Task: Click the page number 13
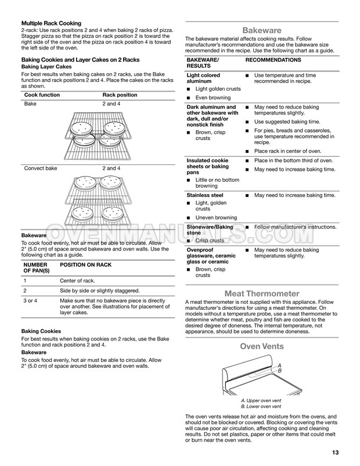pos(336,453)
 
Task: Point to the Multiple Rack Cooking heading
pos(52,23)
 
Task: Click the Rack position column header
pos(120,94)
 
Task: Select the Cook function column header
pos(42,94)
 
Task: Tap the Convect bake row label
pos(41,168)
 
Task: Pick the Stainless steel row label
pos(204,195)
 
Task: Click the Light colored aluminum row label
pos(203,79)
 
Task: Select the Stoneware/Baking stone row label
pos(209,230)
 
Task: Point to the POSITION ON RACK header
pos(86,265)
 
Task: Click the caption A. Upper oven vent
pos(262,401)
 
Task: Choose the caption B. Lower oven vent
pos(262,407)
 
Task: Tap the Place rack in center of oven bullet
pos(288,150)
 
